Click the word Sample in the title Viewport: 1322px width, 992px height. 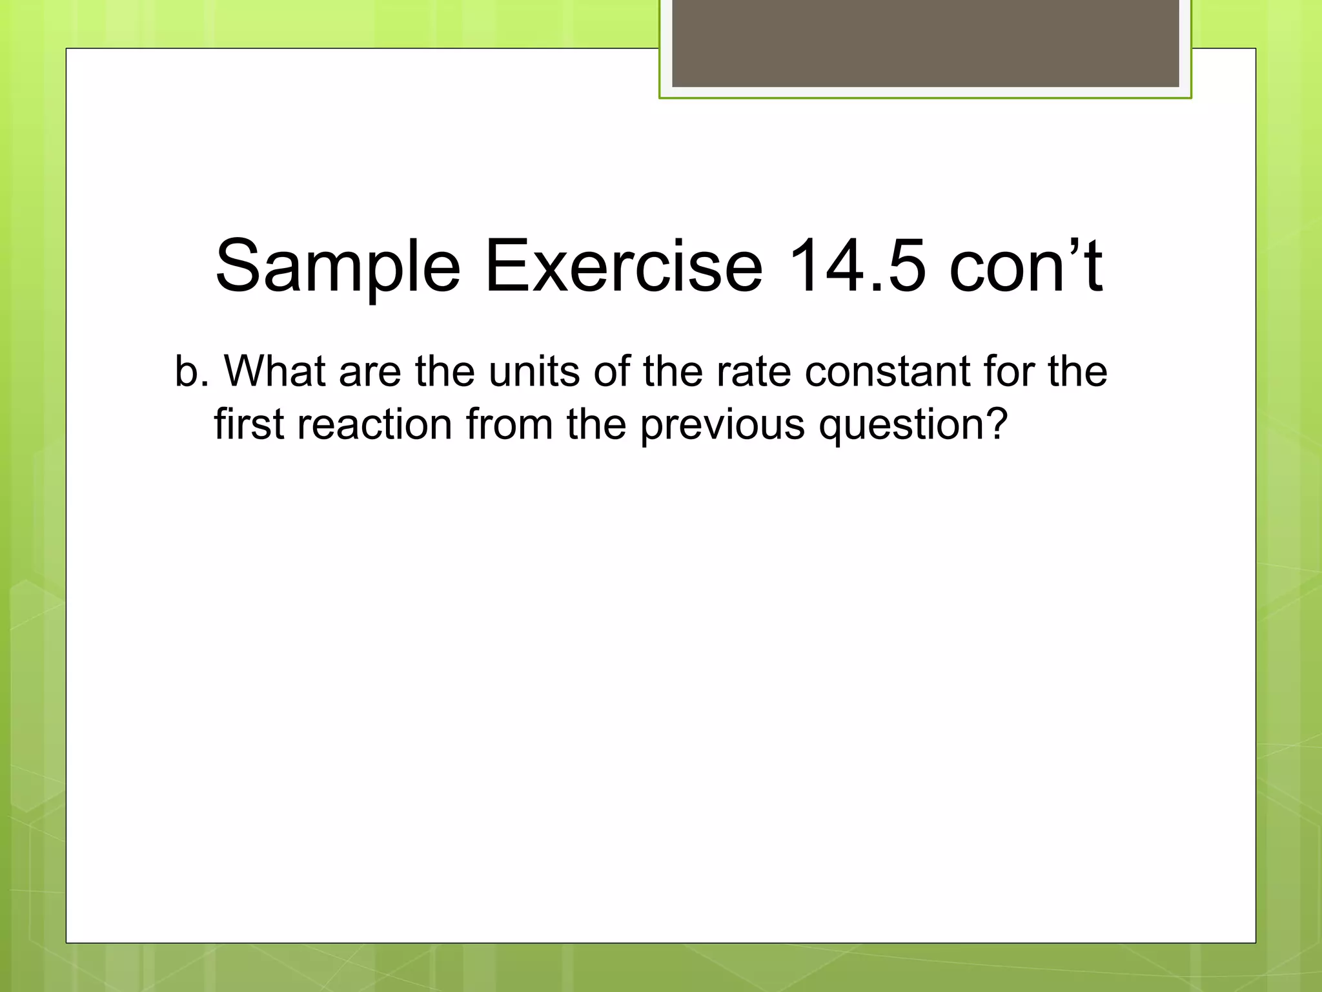click(x=338, y=266)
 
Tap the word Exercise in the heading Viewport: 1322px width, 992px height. click(x=624, y=266)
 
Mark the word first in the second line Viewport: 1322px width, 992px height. click(x=249, y=425)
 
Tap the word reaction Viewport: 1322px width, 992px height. click(x=374, y=425)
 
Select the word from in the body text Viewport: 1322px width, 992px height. click(x=509, y=425)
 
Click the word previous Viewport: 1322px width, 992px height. click(x=722, y=425)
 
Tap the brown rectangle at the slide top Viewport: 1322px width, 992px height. click(x=925, y=43)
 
